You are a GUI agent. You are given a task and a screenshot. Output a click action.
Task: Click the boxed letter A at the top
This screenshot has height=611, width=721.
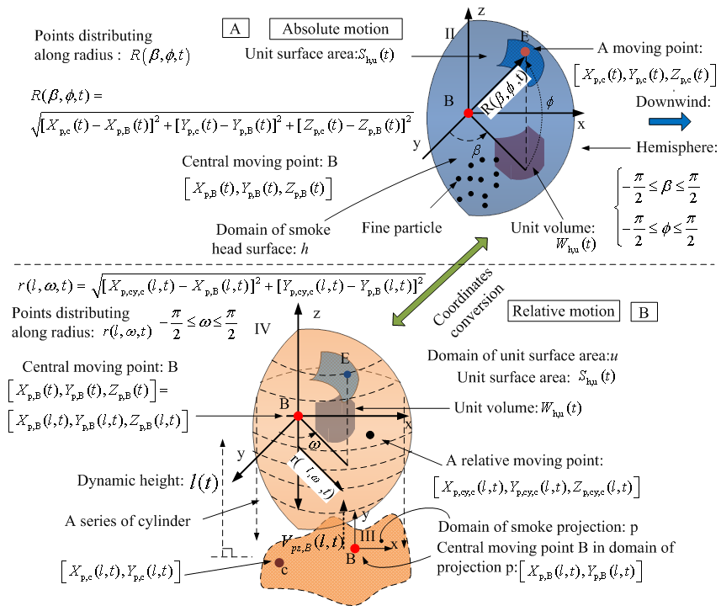pos(235,29)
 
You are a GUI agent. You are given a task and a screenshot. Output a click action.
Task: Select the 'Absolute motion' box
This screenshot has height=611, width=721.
pos(334,29)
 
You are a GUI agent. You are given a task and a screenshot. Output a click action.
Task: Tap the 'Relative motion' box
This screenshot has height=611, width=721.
pos(563,311)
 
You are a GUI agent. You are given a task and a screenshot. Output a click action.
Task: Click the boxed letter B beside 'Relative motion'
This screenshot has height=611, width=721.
pos(644,312)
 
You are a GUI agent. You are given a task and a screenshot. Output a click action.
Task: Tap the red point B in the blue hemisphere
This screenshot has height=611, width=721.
pos(468,113)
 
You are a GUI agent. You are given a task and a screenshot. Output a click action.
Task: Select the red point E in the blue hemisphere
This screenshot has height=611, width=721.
pos(525,52)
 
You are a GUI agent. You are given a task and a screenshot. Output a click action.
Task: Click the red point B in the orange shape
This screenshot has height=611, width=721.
pos(298,416)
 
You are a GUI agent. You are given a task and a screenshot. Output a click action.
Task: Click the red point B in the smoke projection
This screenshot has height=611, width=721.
pos(354,549)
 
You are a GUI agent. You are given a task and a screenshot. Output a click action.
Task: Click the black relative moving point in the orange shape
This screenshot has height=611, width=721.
pos(370,435)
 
